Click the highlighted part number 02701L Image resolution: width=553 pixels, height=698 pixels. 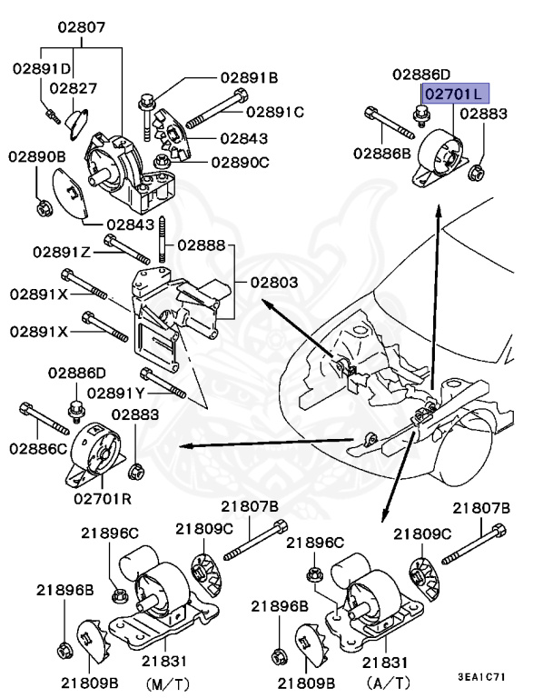click(x=454, y=93)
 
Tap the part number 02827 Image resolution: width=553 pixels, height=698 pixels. click(x=74, y=88)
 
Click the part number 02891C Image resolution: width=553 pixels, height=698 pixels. click(x=275, y=112)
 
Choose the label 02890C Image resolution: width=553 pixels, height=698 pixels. click(x=240, y=162)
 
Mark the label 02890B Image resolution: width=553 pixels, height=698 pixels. click(x=37, y=156)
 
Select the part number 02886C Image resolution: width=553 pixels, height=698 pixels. click(x=38, y=448)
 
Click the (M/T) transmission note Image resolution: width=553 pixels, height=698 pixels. click(x=164, y=681)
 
